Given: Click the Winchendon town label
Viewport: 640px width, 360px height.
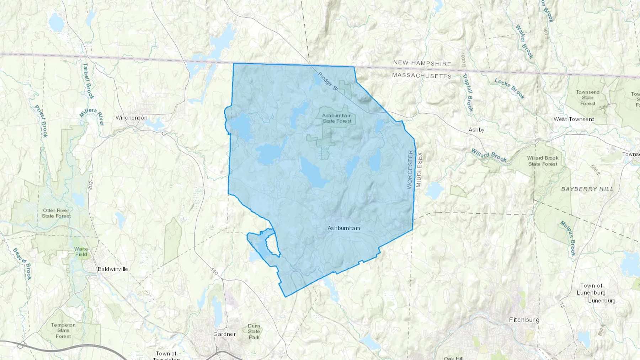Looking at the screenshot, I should pyautogui.click(x=131, y=118).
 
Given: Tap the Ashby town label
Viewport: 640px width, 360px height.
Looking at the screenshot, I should pyautogui.click(x=476, y=130).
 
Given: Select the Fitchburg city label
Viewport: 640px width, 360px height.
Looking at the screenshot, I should pyautogui.click(x=524, y=320).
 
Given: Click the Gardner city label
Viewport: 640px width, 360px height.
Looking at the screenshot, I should pyautogui.click(x=224, y=334).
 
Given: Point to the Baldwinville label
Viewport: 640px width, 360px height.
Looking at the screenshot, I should pyautogui.click(x=113, y=269).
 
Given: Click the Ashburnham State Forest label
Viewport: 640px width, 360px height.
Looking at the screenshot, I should pyautogui.click(x=337, y=118).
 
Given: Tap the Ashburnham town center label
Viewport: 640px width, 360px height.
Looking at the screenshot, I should pyautogui.click(x=343, y=228).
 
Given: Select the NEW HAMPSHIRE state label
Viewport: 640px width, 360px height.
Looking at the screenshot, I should pyautogui.click(x=422, y=63).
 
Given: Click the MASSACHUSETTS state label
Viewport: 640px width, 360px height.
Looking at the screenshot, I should pyautogui.click(x=422, y=76).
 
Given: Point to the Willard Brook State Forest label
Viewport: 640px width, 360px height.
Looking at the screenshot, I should pyautogui.click(x=543, y=161).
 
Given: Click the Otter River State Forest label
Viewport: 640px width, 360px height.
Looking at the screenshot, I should pyautogui.click(x=56, y=213).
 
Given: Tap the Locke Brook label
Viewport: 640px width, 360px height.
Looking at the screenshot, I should pyautogui.click(x=510, y=88).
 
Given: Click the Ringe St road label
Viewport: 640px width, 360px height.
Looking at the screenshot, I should pyautogui.click(x=327, y=81).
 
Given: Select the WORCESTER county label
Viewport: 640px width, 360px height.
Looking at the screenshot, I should pyautogui.click(x=410, y=169).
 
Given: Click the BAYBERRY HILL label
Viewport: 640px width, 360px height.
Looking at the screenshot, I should pyautogui.click(x=587, y=189).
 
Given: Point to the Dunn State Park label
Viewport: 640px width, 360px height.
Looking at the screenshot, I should pyautogui.click(x=254, y=332).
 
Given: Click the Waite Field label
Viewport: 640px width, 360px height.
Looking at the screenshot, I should pyautogui.click(x=81, y=252).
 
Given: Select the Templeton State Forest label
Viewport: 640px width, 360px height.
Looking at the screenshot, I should pyautogui.click(x=63, y=331).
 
